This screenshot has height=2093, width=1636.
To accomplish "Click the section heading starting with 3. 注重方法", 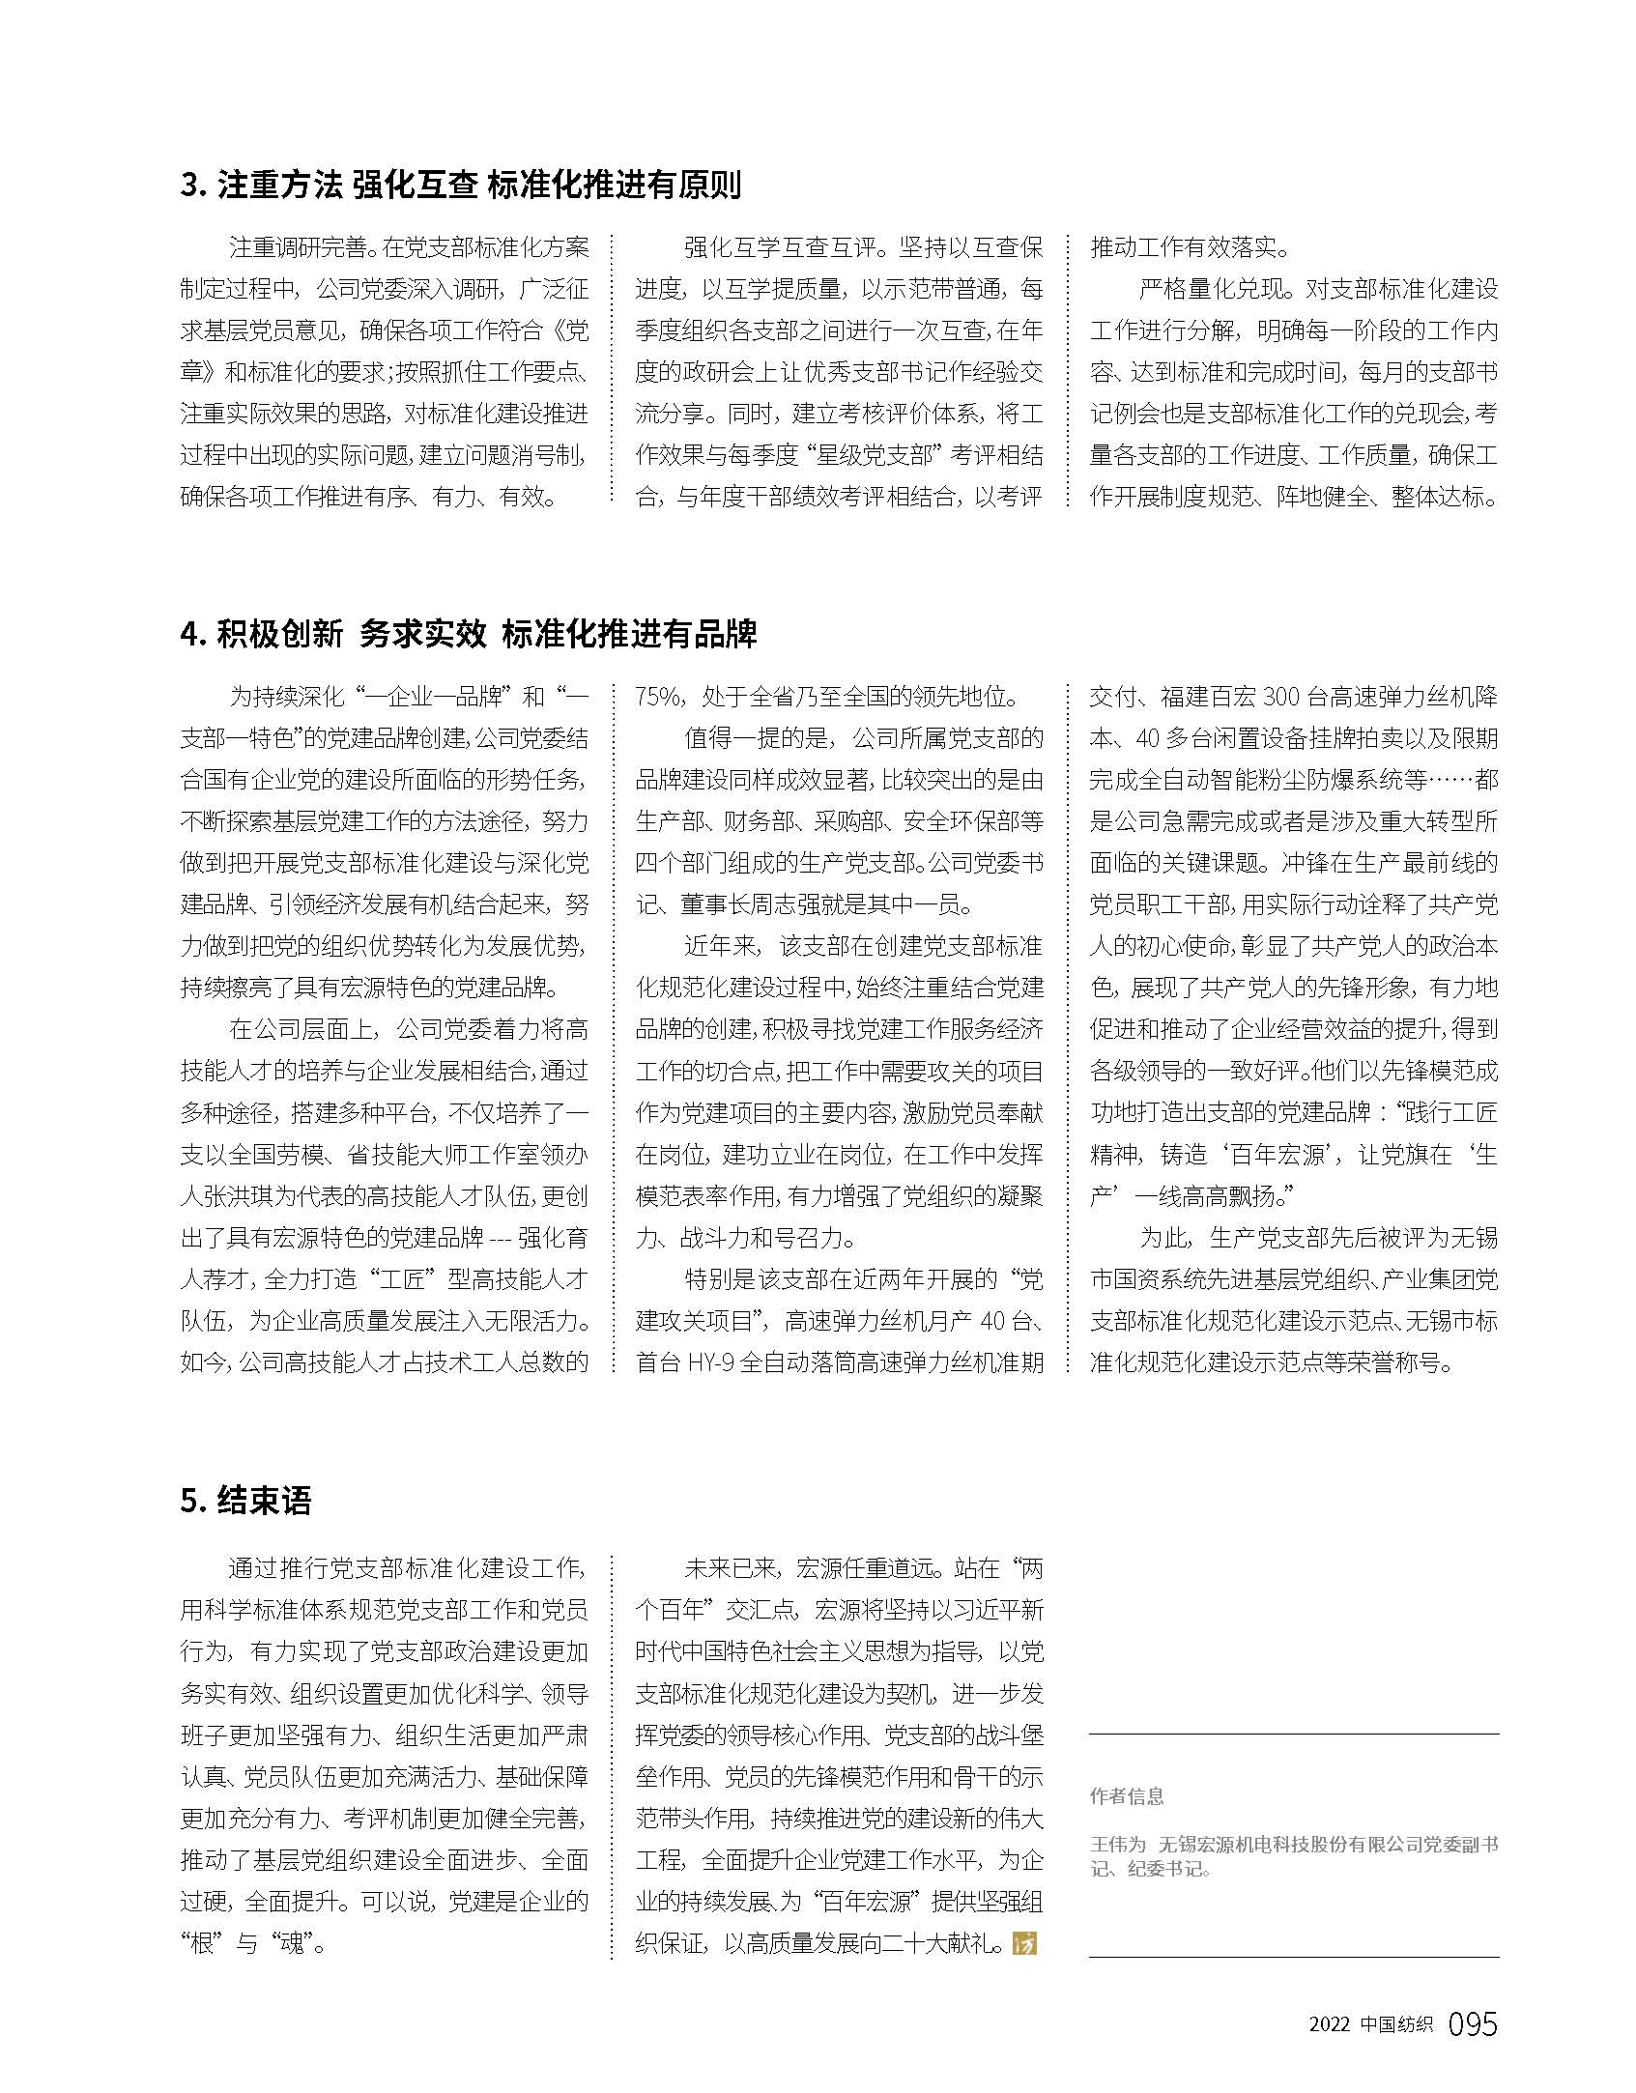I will (460, 184).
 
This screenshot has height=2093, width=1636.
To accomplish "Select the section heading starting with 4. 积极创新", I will (469, 634).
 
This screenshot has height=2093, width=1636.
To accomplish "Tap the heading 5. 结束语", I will (245, 1501).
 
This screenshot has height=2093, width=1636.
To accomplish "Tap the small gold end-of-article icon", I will (1023, 1943).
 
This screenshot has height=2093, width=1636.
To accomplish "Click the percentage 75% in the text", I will (660, 697).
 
